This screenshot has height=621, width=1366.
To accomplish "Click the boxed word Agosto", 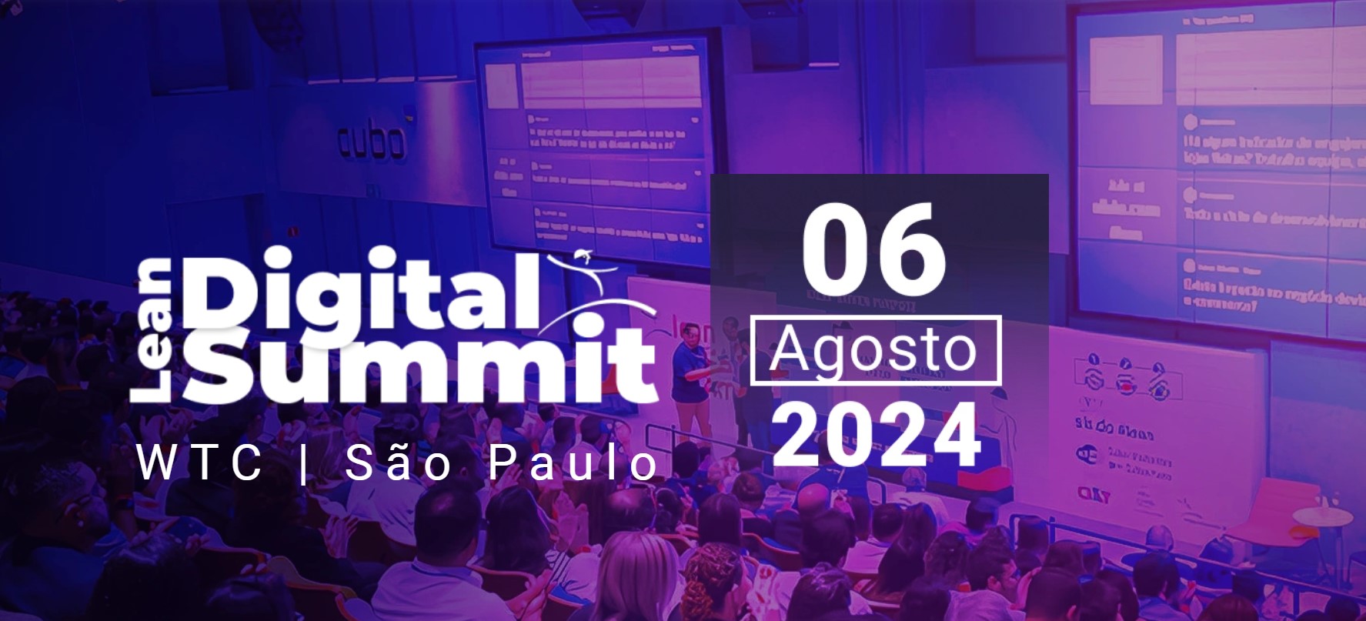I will pos(875,350).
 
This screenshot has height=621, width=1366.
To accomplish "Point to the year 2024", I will pos(877,435).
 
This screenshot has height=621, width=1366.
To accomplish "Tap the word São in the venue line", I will pos(398,464).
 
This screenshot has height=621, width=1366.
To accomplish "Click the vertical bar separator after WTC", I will pos(302,464).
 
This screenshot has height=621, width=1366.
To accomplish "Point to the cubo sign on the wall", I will pos(372,142).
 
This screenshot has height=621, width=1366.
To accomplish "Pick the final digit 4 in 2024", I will pos(957,436).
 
